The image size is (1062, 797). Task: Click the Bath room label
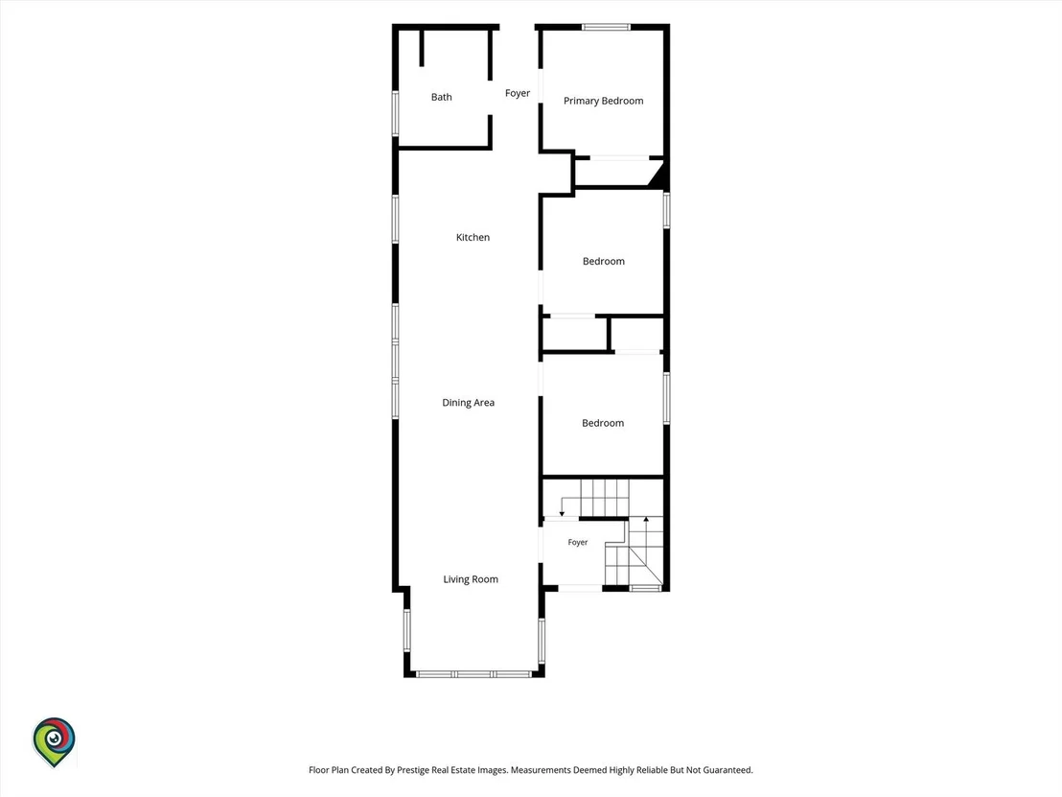(442, 97)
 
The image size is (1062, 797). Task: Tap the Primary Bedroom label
(604, 101)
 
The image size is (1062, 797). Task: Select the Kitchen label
(473, 237)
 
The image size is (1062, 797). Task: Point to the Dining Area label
(468, 403)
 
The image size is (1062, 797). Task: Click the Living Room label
(471, 579)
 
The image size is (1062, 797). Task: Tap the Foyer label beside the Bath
(518, 94)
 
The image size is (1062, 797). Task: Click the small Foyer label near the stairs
(578, 542)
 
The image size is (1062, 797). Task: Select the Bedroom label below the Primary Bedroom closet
(604, 261)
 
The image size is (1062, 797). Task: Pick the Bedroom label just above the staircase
(603, 423)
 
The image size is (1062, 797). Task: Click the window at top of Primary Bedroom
(606, 27)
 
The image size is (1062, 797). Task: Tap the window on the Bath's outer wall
(396, 113)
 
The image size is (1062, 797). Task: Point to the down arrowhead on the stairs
(562, 514)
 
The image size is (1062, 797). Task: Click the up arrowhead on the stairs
(646, 520)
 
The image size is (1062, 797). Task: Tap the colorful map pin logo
(55, 742)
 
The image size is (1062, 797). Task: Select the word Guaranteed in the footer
(727, 770)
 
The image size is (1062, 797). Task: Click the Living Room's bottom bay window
(474, 673)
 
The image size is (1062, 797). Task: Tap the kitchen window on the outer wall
(396, 219)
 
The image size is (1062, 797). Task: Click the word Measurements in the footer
(541, 770)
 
